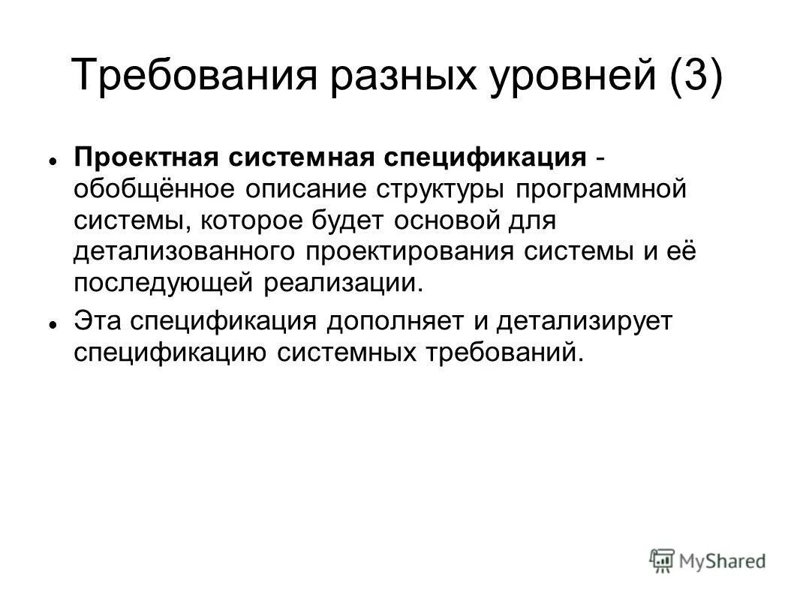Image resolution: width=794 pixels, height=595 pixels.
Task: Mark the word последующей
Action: [x=164, y=283]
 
